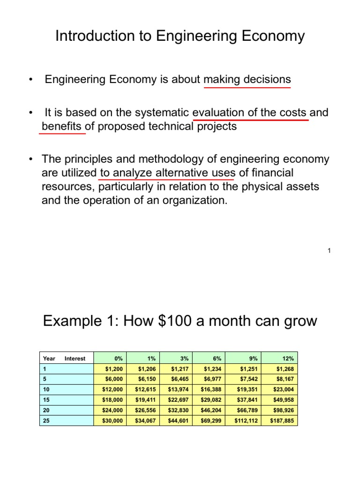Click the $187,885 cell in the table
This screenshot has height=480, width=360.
tap(282, 421)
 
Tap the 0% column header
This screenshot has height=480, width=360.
tap(118, 359)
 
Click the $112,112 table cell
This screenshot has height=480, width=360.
tap(246, 421)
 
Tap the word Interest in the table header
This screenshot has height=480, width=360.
tap(75, 359)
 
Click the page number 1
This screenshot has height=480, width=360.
tap(329, 251)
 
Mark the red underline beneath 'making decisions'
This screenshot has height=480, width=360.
tap(247, 87)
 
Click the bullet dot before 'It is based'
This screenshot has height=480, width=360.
tap(30, 113)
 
